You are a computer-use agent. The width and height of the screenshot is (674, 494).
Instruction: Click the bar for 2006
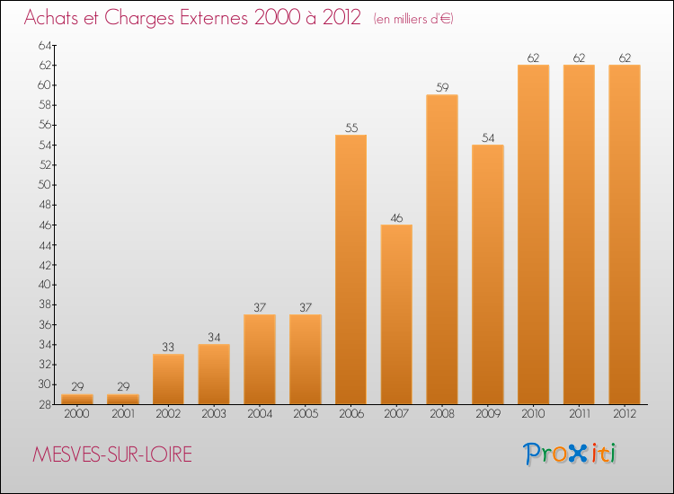click(350, 269)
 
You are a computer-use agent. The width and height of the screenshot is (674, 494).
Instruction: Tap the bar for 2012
click(625, 234)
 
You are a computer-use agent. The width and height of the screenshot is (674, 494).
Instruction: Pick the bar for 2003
click(214, 374)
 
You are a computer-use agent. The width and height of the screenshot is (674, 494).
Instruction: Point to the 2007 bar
click(396, 314)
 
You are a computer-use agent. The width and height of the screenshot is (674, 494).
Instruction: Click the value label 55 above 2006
click(350, 128)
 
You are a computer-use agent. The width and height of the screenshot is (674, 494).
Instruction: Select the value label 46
click(396, 217)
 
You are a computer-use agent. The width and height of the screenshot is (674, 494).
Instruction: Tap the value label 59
click(442, 88)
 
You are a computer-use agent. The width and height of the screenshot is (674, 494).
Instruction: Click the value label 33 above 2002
click(168, 347)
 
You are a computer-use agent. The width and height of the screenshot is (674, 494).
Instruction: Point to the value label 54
click(488, 137)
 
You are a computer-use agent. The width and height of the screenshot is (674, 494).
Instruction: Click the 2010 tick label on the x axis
click(533, 414)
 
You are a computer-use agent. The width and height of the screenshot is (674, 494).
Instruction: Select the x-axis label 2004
click(260, 414)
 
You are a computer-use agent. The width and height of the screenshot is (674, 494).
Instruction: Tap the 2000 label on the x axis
click(77, 414)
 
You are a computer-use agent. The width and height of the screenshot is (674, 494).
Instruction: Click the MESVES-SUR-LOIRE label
click(111, 454)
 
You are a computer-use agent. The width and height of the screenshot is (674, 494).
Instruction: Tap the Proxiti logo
click(570, 454)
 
